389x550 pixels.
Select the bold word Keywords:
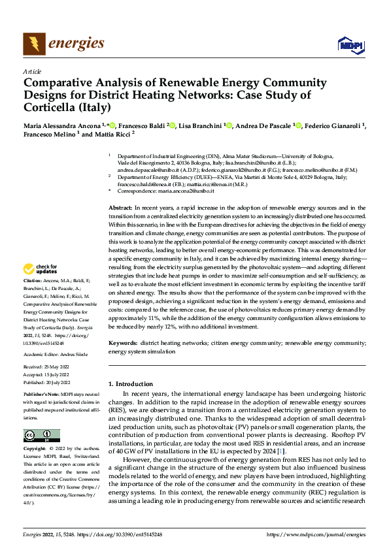pyautogui.click(x=123, y=342)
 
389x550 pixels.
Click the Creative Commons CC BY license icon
pyautogui.click(x=42, y=435)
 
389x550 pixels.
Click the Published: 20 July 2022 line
pyautogui.click(x=46, y=382)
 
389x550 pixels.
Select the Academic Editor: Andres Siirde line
pyautogui.click(x=57, y=353)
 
